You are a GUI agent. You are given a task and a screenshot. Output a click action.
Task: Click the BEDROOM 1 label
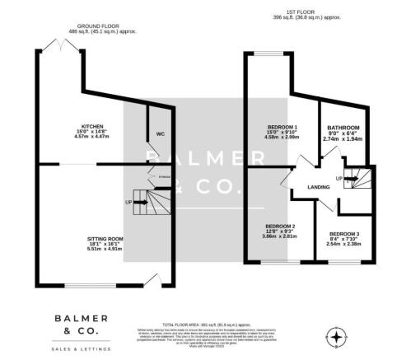click(x=282, y=128)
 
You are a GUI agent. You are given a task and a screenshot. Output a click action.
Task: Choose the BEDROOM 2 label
click(x=280, y=225)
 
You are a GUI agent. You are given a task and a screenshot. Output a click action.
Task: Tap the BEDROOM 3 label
click(x=343, y=234)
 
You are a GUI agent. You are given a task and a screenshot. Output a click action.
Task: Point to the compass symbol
click(x=336, y=335)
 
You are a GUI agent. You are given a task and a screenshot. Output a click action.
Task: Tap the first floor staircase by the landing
click(x=354, y=175)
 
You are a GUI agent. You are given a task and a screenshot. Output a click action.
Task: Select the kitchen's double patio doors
click(x=63, y=43)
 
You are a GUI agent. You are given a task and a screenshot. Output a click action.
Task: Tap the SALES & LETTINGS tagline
click(x=81, y=349)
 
